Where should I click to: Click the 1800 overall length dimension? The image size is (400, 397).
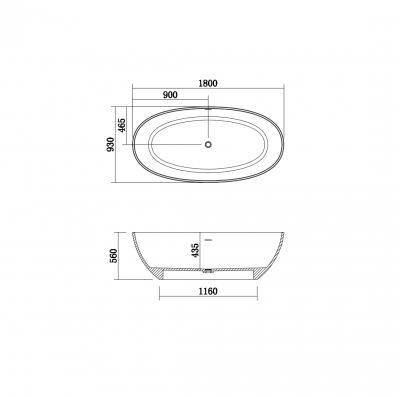(208, 83)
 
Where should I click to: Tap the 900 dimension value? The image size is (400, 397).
(170, 95)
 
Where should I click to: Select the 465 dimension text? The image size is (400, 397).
(122, 125)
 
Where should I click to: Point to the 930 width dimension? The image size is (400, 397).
(111, 144)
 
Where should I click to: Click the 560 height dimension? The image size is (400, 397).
(114, 256)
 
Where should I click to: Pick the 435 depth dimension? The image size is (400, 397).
(195, 250)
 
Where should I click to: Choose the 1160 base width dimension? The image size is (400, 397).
(208, 292)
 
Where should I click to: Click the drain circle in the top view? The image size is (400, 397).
(208, 144)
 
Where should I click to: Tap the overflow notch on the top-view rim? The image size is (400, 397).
(208, 108)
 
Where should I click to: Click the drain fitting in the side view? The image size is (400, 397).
(208, 271)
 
